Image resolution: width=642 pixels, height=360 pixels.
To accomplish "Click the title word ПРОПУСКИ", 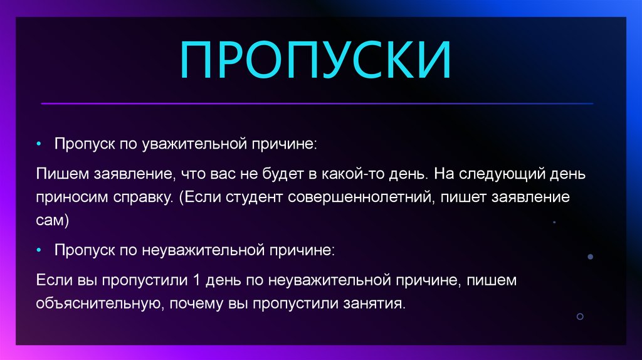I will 315,61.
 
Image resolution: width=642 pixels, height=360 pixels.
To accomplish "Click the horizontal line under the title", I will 317,103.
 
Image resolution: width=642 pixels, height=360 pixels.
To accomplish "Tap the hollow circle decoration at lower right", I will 580,317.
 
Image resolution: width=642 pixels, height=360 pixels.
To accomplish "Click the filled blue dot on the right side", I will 590,257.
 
